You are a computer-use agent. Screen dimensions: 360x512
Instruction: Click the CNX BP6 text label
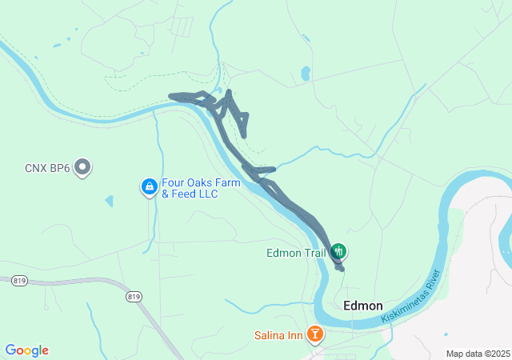(47, 168)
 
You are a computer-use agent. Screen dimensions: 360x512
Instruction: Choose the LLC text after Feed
(208, 194)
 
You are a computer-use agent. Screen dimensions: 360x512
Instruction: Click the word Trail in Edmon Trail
(313, 254)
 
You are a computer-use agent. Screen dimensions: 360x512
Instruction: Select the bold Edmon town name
(362, 306)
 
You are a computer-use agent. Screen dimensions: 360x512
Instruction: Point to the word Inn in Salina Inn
(296, 335)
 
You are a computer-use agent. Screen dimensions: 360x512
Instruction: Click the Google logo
(27, 350)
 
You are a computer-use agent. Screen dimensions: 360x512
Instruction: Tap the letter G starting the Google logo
(11, 350)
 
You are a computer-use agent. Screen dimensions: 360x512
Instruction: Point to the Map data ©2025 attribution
(477, 354)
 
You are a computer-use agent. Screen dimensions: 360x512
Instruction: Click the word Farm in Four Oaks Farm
(227, 182)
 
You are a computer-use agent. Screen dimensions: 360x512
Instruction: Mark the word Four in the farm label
(173, 182)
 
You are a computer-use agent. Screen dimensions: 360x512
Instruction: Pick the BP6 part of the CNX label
(59, 168)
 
